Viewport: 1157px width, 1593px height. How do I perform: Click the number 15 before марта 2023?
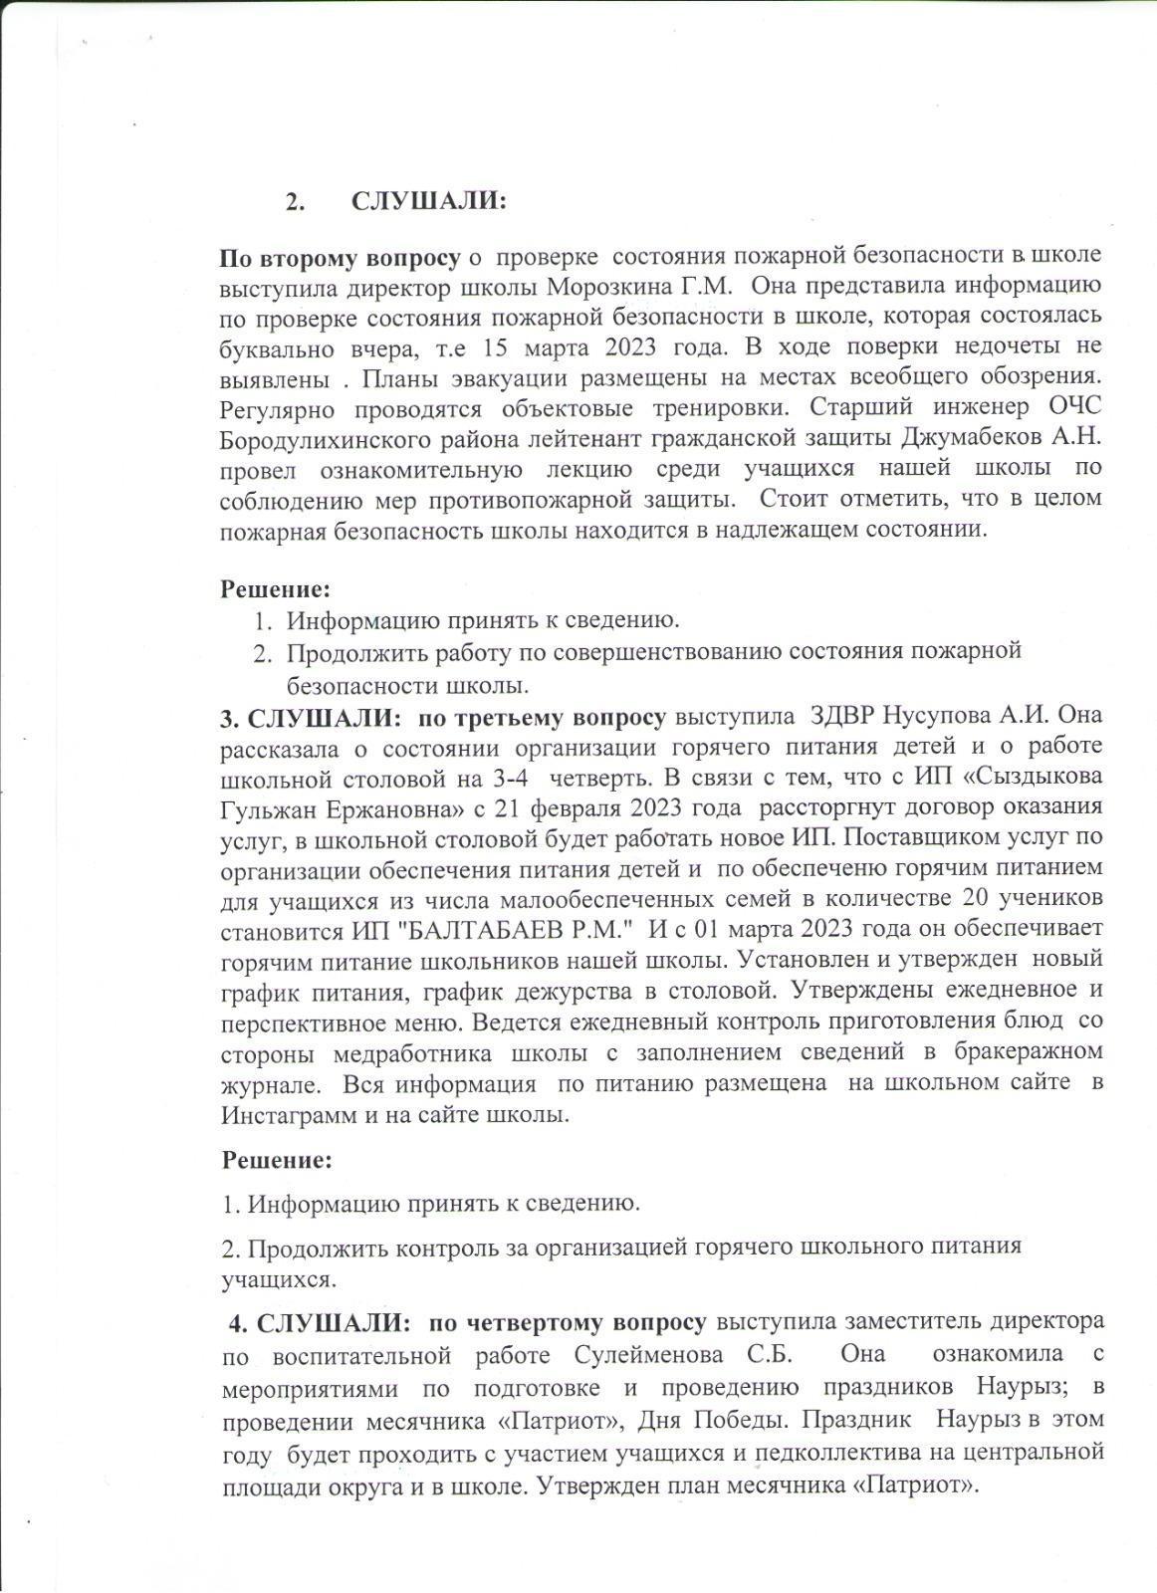click(496, 347)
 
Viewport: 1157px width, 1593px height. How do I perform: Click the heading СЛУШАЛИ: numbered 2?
click(429, 201)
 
